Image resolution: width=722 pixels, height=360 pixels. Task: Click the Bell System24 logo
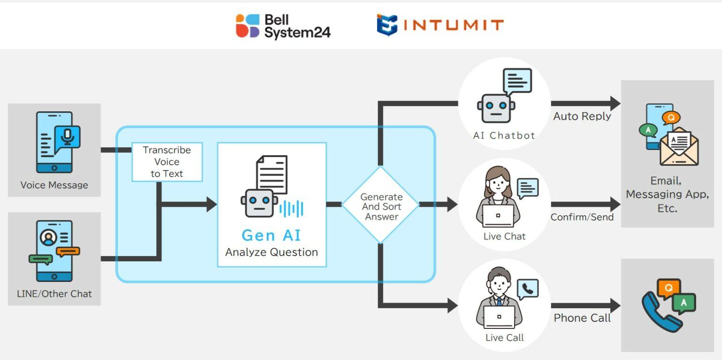[283, 26]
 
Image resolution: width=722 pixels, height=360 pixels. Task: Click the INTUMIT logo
[440, 25]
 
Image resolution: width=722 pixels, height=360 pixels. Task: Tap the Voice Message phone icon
[55, 141]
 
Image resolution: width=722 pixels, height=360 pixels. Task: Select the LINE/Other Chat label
[54, 294]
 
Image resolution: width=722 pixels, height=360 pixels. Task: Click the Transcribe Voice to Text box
[167, 162]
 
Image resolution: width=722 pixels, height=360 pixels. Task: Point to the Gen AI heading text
[271, 235]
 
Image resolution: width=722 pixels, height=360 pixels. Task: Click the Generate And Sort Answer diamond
[381, 205]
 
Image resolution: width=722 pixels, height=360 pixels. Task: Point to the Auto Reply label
[582, 117]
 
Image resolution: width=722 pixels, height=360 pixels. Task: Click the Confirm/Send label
[582, 217]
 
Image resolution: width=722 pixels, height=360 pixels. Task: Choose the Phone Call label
[582, 318]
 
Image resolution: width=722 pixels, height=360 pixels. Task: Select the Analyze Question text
[271, 252]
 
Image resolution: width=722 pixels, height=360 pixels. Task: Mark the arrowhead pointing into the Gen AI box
[211, 204]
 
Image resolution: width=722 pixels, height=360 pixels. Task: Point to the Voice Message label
[54, 185]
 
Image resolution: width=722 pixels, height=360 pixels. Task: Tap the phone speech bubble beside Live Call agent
[527, 289]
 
